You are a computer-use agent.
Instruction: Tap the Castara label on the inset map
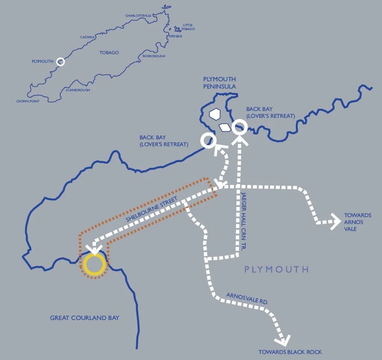point(87,37)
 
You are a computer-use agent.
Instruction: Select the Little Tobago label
point(188,27)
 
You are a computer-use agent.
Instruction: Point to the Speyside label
point(176,37)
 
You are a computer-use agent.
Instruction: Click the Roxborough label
point(154,56)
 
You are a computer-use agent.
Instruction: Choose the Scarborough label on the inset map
point(78,90)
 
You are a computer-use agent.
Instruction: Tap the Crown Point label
point(28,101)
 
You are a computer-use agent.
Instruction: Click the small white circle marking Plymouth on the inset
point(61,62)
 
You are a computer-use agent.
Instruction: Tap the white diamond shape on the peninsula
point(225,127)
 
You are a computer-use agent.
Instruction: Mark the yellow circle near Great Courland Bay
point(94,265)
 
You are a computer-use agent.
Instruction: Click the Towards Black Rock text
point(290,352)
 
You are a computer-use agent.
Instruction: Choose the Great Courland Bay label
point(84,318)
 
